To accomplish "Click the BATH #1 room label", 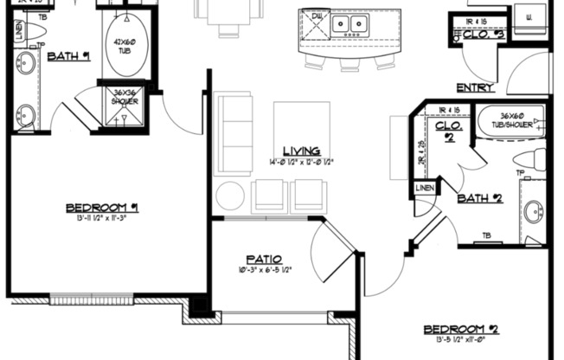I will pos(68,57).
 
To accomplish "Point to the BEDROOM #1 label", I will pos(103,208).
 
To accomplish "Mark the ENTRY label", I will pos(476,87).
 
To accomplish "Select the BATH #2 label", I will pos(480,197).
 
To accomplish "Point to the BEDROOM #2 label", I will pos(461,329).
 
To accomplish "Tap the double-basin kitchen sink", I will pos(350,24).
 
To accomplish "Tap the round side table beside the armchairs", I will pos(232,196).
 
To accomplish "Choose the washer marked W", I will pos(529,16).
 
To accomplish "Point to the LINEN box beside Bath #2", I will pos(425,188).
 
